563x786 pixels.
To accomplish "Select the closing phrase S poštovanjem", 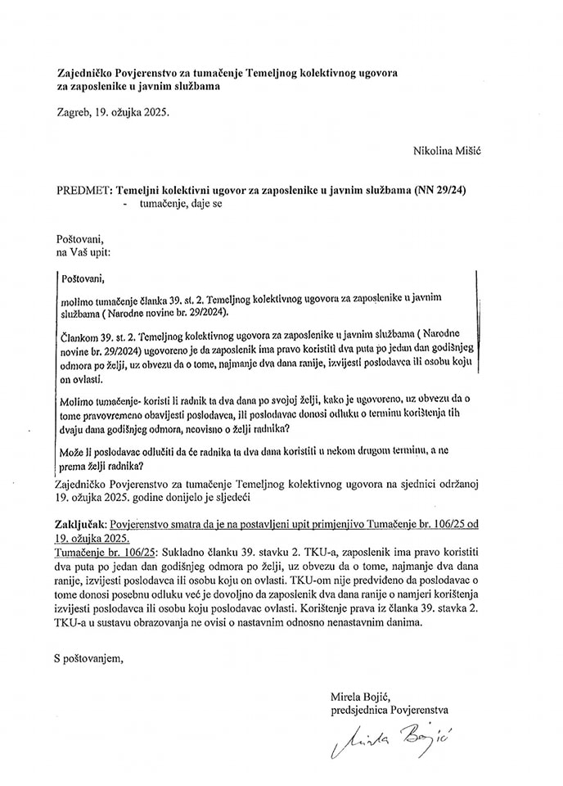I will pos(88,655).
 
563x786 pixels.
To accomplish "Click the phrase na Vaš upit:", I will pos(81,255).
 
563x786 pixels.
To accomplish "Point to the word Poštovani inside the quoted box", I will pos(83,278).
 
